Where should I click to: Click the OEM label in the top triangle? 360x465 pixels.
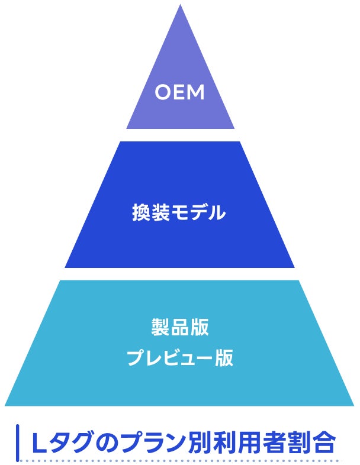coord(179,92)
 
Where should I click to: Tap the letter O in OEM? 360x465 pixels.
coord(163,92)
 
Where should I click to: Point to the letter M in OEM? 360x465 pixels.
coord(196,92)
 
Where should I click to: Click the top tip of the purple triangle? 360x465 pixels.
coord(180,5)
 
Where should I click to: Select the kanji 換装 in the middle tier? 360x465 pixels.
coord(150,212)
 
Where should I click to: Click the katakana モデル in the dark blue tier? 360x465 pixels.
coord(198,212)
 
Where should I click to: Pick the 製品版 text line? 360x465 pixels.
coord(180,327)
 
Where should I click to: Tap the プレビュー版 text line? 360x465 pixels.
coord(180,358)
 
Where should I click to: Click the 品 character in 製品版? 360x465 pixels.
coord(180,327)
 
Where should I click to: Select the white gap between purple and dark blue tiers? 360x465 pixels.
coord(180,135)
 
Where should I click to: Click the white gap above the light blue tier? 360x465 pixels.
coord(180,274)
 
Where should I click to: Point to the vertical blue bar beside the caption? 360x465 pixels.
coord(18,443)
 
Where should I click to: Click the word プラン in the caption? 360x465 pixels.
coord(154,443)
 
